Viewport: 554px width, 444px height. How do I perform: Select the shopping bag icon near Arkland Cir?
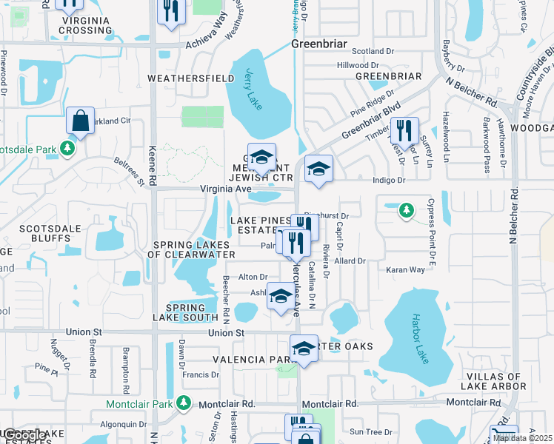tap(80, 122)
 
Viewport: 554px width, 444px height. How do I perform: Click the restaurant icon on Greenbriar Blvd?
tap(404, 131)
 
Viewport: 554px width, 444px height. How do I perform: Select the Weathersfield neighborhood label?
tap(181, 78)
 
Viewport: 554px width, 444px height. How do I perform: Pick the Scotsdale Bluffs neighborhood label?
tap(50, 234)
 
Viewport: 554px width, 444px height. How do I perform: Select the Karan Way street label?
tap(406, 270)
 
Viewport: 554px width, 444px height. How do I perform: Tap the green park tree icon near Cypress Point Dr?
tap(406, 211)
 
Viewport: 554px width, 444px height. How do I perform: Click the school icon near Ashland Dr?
tap(280, 297)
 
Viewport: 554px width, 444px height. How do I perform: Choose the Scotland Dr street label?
tap(373, 51)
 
